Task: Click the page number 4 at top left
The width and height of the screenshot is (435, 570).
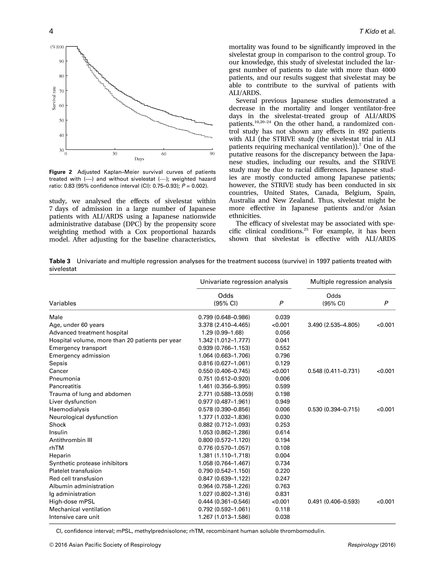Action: (51, 31)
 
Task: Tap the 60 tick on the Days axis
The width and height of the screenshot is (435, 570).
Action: (164, 154)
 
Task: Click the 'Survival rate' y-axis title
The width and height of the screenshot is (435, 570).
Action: (54, 98)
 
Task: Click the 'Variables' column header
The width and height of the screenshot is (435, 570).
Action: (63, 303)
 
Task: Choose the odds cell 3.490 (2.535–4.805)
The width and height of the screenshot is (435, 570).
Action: (333, 325)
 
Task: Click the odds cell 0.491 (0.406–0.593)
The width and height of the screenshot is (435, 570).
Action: (333, 502)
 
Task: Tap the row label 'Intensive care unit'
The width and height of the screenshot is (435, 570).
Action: (74, 517)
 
